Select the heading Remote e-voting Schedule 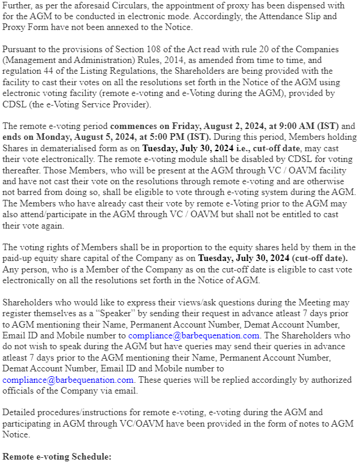click(57, 457)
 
